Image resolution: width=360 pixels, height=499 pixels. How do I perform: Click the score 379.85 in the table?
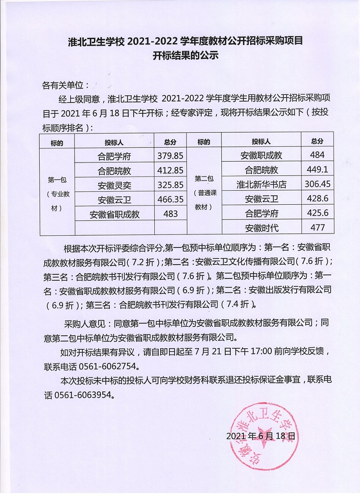tap(171, 156)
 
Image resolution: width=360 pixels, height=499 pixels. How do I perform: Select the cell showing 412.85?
tap(171, 170)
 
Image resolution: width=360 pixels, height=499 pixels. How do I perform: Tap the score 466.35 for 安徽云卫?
tap(171, 198)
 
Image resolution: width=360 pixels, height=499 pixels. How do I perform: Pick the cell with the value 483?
tap(171, 213)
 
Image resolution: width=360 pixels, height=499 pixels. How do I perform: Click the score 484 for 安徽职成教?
tap(317, 155)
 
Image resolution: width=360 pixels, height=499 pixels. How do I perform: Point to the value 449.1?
tap(317, 170)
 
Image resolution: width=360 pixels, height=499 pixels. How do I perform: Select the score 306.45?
tap(317, 184)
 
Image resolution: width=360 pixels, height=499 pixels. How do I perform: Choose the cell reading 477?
tap(317, 227)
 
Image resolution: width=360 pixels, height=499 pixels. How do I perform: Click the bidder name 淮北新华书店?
tap(261, 184)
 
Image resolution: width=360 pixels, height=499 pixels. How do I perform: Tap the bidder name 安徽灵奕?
tap(115, 184)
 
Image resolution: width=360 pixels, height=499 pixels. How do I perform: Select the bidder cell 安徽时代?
tap(261, 228)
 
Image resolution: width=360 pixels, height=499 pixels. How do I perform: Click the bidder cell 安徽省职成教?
tap(115, 214)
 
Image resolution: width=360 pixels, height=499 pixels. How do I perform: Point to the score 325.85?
tap(171, 184)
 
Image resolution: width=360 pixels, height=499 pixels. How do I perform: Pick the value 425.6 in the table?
tap(317, 213)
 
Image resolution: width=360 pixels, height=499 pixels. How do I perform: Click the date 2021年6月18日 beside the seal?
tap(261, 436)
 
